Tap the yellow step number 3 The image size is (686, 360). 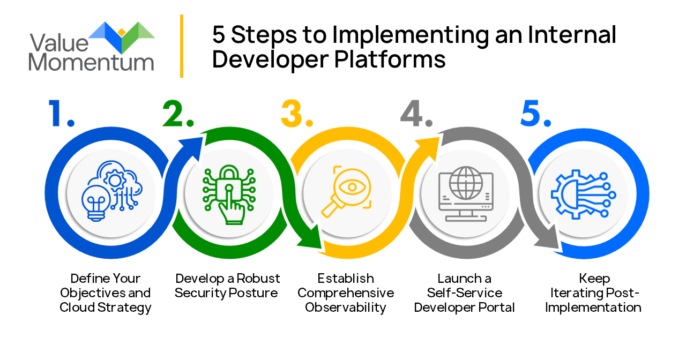coord(294,114)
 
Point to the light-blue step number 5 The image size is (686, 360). coord(533,114)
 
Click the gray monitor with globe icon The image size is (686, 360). coord(464,193)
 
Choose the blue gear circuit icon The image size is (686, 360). coord(581,193)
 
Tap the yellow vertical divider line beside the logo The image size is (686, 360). coord(182,46)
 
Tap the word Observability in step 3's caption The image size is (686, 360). coord(346,308)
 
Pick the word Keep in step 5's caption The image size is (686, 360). coord(594,279)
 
